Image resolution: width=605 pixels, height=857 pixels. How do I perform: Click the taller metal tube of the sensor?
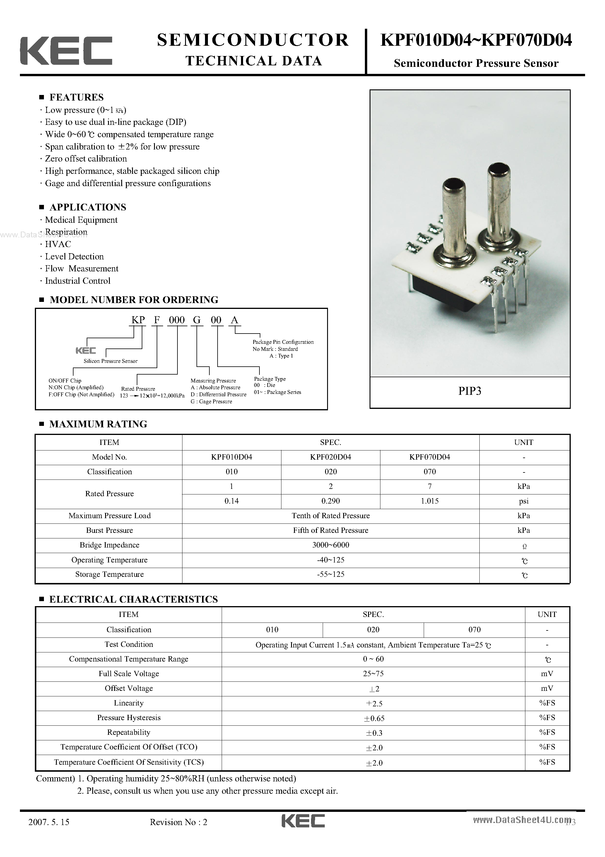[x=498, y=202]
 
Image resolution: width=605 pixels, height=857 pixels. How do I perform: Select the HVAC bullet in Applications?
[x=58, y=244]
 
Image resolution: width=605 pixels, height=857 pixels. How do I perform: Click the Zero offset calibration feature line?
[x=86, y=159]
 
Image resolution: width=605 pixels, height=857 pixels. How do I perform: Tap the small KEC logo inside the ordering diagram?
[x=86, y=351]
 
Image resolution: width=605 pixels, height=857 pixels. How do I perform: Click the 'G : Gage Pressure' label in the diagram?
[x=211, y=402]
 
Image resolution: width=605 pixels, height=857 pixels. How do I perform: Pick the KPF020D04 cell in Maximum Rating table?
[x=331, y=457]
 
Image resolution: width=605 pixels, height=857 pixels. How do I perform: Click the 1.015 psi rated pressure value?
[x=430, y=501]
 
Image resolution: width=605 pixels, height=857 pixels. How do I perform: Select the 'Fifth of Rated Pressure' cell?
[x=331, y=530]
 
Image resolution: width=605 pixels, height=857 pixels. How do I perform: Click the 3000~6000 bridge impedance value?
[x=331, y=545]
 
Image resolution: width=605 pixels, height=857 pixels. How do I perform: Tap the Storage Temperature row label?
[x=109, y=574]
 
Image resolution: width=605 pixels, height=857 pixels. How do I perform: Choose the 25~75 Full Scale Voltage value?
[x=373, y=674]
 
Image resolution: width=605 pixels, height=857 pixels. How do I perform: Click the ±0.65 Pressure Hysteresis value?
[x=374, y=718]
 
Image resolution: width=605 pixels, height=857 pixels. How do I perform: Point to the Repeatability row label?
[x=129, y=732]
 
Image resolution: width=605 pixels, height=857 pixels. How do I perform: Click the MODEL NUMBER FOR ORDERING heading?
[x=134, y=300]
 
